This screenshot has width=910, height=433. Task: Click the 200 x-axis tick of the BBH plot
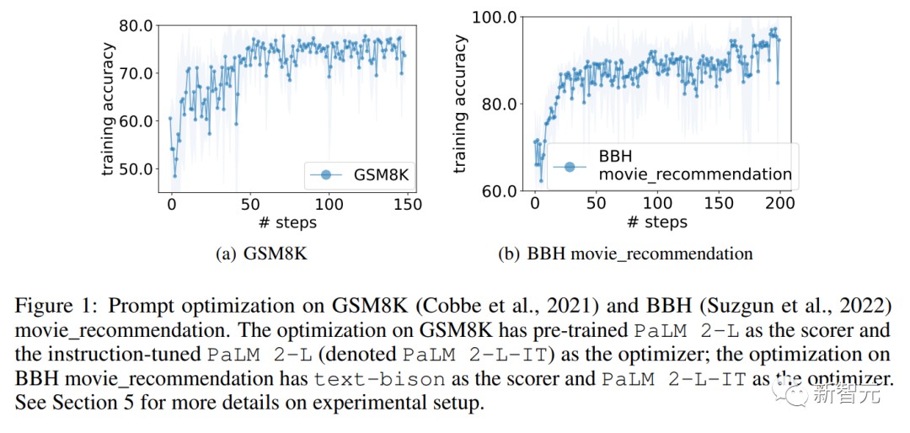[780, 203]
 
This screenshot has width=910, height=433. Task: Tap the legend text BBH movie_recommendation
[694, 166]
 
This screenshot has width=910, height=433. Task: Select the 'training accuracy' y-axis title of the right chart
[459, 103]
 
